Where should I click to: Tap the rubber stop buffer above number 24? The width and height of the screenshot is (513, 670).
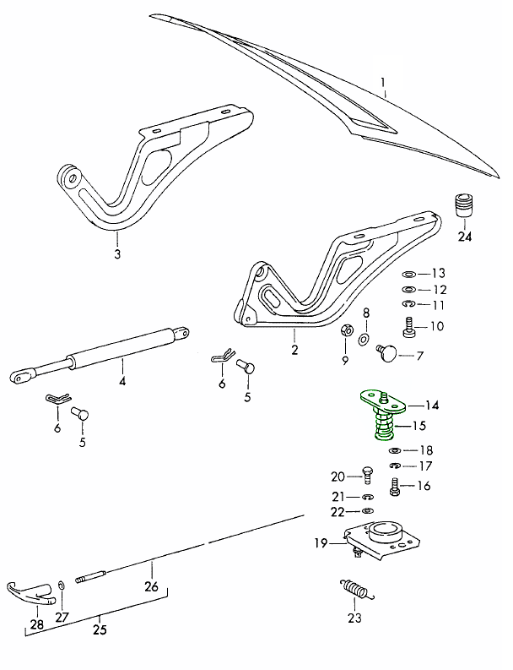tap(465, 207)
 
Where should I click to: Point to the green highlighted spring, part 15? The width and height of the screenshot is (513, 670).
tap(382, 426)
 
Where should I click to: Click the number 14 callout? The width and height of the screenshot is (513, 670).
tap(431, 404)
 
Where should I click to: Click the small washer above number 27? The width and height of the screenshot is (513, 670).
tap(62, 585)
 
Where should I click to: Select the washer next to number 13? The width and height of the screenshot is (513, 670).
tap(408, 275)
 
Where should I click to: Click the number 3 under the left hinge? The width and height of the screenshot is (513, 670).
tap(117, 253)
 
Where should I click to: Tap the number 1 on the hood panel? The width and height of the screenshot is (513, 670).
tap(382, 84)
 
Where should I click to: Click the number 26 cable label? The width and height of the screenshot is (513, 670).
tap(151, 586)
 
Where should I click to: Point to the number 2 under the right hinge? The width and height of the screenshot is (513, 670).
tap(294, 348)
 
